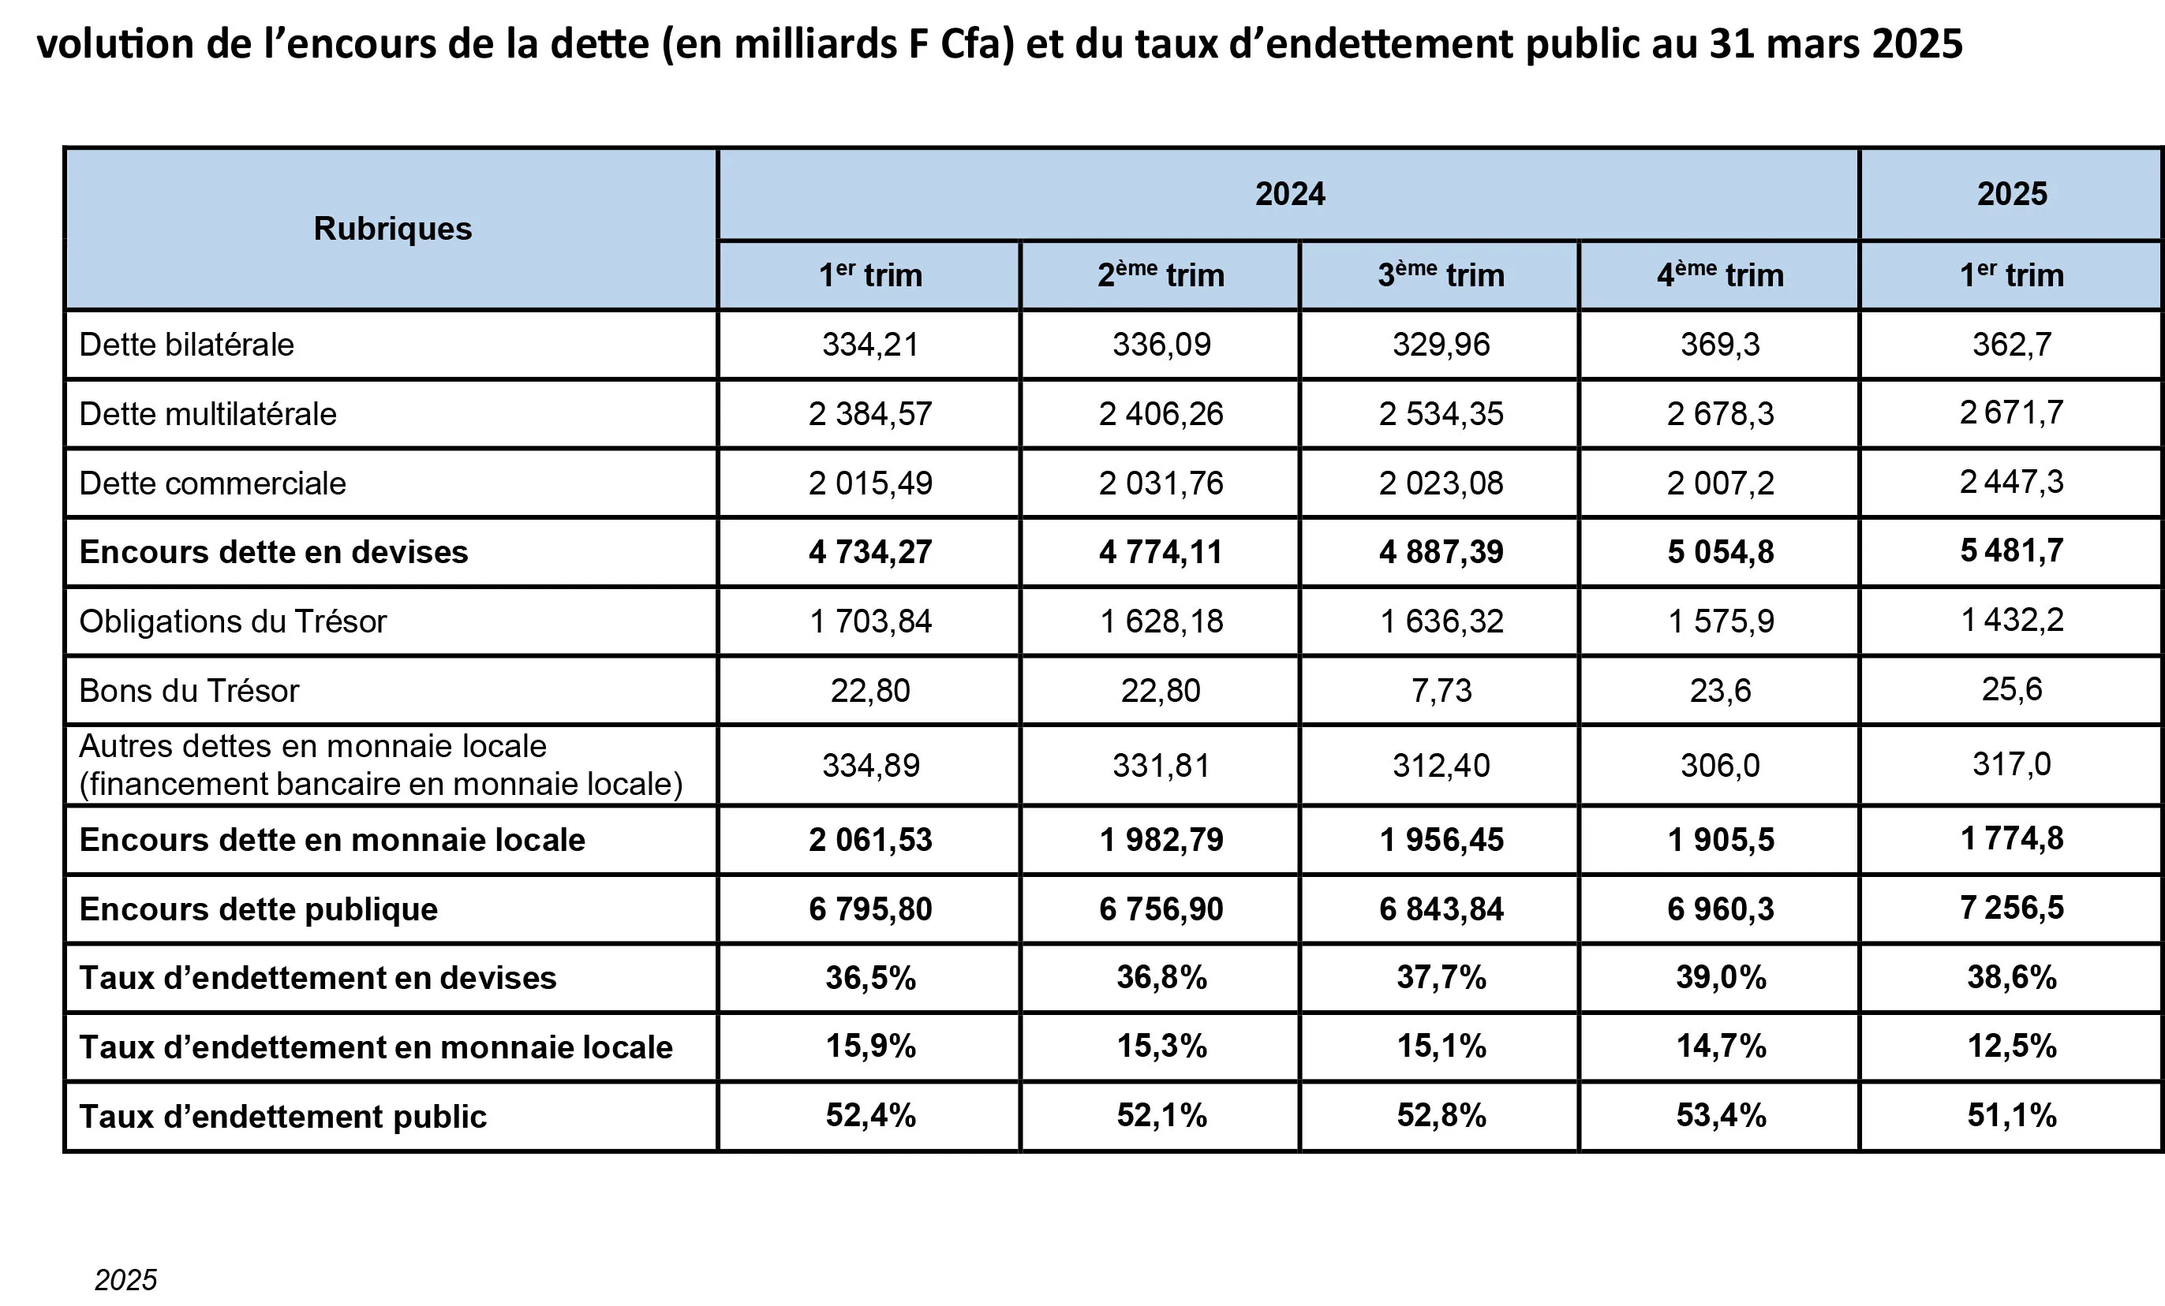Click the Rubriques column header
coord(392,229)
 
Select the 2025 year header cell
coord(2011,193)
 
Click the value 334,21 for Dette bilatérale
coord(869,345)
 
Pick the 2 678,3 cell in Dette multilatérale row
coord(1719,414)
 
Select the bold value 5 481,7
coord(2011,550)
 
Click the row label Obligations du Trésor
coord(233,621)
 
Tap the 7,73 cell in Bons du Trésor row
coord(1441,690)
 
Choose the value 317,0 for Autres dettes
coord(2011,764)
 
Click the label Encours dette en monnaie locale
coord(331,840)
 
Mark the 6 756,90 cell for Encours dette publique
coord(1161,909)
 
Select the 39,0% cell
coord(1720,977)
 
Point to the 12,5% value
coord(2011,1046)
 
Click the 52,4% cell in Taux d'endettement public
coord(869,1115)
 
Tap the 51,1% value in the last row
coord(2011,1115)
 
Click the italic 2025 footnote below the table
coord(125,1280)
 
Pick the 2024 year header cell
coord(1289,193)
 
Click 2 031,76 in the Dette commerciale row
coord(1161,483)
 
